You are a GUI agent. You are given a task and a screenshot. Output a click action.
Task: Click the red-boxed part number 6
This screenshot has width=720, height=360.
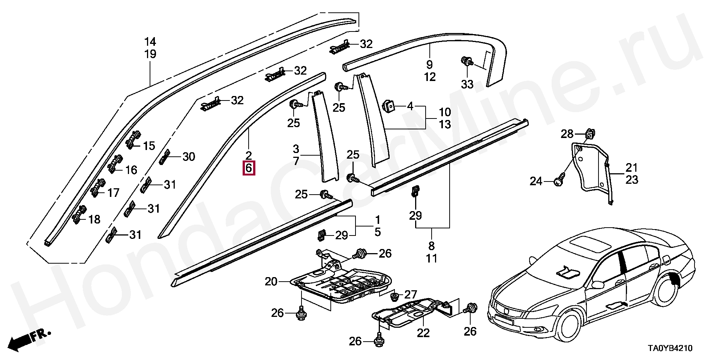click(249, 168)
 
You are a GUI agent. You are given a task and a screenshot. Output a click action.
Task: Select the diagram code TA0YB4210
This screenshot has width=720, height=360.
click(670, 348)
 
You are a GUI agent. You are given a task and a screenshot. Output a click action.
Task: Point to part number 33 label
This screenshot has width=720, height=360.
click(467, 84)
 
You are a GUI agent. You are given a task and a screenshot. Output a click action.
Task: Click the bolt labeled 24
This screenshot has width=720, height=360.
click(559, 182)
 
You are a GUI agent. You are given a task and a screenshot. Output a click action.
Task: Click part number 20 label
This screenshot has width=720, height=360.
click(271, 281)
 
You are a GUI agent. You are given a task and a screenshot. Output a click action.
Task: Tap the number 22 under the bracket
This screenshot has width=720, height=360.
click(423, 333)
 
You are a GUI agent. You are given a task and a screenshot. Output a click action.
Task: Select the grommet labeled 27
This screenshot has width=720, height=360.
click(394, 297)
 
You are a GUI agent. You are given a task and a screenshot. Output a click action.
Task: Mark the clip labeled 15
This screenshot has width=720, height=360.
click(134, 140)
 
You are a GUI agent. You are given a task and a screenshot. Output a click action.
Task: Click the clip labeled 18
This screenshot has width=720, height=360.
click(80, 214)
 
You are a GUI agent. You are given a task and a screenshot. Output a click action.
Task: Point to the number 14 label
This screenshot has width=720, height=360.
click(150, 42)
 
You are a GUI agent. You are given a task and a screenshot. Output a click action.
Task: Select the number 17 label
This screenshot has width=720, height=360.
click(113, 193)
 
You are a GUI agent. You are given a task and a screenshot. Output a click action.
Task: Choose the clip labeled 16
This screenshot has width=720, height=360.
click(114, 163)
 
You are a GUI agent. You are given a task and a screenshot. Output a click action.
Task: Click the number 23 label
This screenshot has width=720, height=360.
click(632, 180)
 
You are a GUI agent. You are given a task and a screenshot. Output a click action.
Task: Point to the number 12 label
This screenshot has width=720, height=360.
click(430, 77)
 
